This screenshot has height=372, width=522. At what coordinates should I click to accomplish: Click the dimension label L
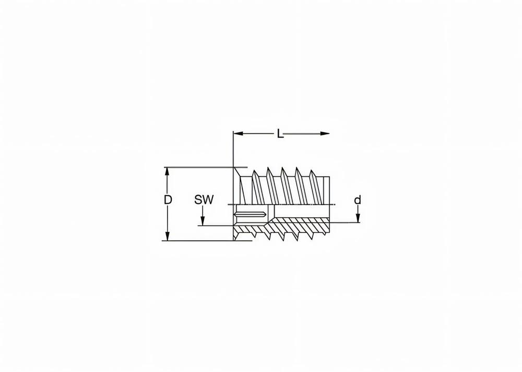tap(280, 134)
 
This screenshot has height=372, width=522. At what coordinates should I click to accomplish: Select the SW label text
tap(204, 200)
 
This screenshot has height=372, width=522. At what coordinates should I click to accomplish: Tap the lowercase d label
tap(358, 200)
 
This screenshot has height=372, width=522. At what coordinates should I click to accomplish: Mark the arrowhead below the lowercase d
tap(358, 219)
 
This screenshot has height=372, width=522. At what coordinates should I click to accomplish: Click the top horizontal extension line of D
tap(198, 167)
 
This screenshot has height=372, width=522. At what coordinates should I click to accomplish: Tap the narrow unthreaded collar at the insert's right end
tap(327, 190)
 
